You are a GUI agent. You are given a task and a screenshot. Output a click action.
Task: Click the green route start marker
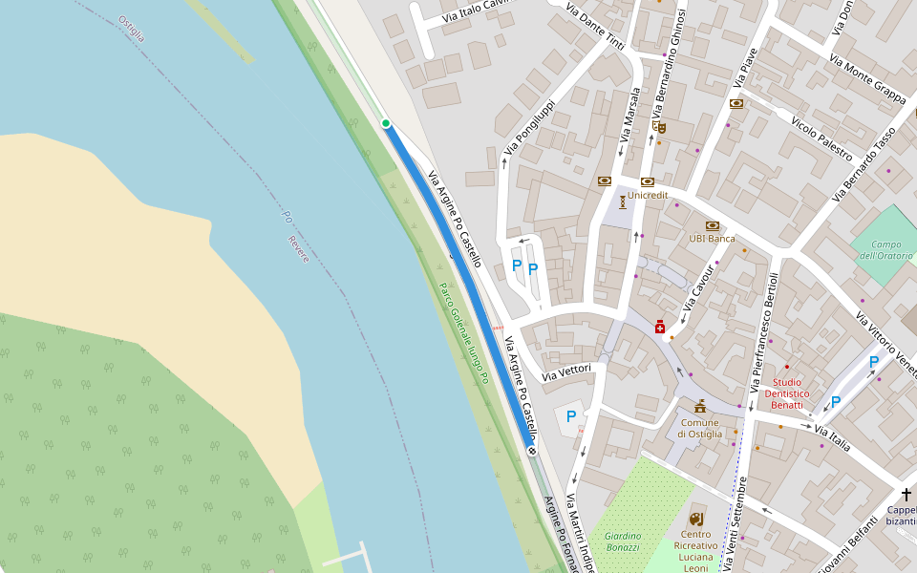tap(386, 123)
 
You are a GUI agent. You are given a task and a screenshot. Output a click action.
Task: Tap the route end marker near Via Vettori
tap(532, 451)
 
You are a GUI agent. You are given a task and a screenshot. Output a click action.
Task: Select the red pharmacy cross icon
tap(660, 328)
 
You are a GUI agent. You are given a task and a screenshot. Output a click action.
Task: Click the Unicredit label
tap(648, 195)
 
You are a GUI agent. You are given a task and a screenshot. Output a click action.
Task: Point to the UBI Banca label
tap(712, 238)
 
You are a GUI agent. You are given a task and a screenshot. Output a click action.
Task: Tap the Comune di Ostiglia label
tap(700, 428)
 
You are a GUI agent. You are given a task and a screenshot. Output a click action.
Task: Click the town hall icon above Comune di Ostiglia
tap(700, 406)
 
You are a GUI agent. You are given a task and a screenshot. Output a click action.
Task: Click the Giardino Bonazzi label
tap(622, 541)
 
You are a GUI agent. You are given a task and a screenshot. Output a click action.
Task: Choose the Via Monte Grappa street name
tap(867, 78)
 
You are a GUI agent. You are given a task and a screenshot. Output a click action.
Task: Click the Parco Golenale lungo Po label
tap(464, 333)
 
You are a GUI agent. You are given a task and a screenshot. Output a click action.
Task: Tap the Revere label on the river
tap(299, 248)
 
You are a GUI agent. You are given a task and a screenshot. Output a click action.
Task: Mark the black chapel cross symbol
tap(906, 494)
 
